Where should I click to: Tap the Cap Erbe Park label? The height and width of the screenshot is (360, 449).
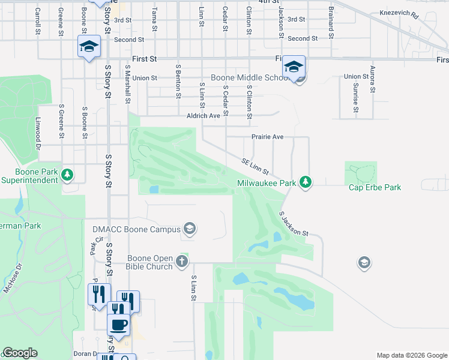pyautogui.click(x=375, y=187)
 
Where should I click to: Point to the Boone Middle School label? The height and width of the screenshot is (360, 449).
pyautogui.click(x=251, y=78)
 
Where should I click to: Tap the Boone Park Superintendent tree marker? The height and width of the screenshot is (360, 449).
pyautogui.click(x=68, y=175)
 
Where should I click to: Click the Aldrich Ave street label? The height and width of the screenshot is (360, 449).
pyautogui.click(x=203, y=115)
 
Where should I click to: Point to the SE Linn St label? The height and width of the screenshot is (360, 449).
pyautogui.click(x=255, y=167)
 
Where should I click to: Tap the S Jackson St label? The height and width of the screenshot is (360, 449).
pyautogui.click(x=294, y=223)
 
